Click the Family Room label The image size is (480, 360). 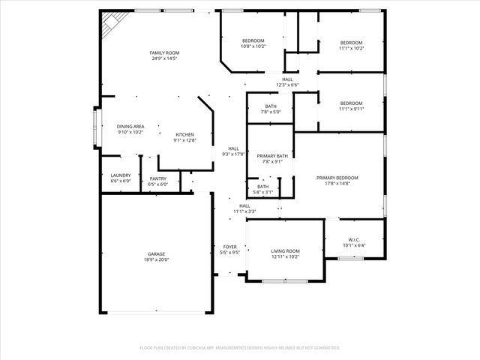pyautogui.click(x=165, y=52)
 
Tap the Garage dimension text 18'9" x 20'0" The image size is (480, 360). pyautogui.click(x=156, y=260)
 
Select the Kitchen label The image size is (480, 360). pyautogui.click(x=185, y=134)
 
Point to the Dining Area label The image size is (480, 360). pyautogui.click(x=130, y=127)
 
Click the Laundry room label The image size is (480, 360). pyautogui.click(x=121, y=175)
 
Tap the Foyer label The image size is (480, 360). pyautogui.click(x=230, y=246)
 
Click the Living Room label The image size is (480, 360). pyautogui.click(x=285, y=251)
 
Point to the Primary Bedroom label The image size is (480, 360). pyautogui.click(x=337, y=178)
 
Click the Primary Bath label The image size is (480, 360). pyautogui.click(x=269, y=156)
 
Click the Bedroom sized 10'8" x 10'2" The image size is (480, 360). pyautogui.click(x=253, y=40)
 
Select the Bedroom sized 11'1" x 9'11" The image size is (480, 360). pyautogui.click(x=351, y=103)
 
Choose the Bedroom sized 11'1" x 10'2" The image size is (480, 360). pyautogui.click(x=351, y=43)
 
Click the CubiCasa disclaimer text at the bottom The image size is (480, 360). pyautogui.click(x=240, y=348)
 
